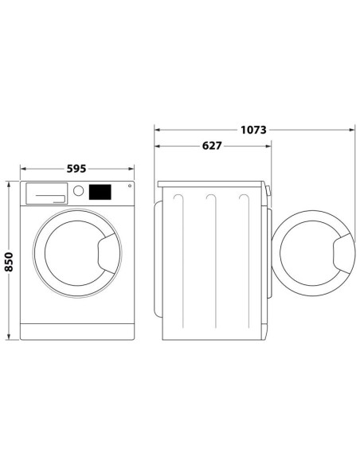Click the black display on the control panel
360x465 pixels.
coord(100,192)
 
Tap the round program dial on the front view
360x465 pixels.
coord(78,191)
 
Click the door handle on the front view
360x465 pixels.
coord(103,254)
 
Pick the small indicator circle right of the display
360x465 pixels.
coord(121,189)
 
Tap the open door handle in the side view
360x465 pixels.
coord(338,254)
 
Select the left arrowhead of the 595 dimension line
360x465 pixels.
coord(22,169)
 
